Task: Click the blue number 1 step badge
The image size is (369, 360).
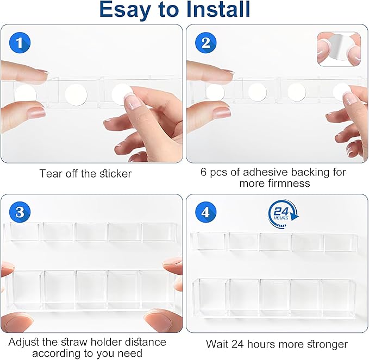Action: [x=20, y=43]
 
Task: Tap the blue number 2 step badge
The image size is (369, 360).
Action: [x=205, y=43]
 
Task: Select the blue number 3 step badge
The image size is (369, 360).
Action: [x=20, y=212]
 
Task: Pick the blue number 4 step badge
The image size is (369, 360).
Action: [x=205, y=212]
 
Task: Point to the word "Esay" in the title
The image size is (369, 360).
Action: [x=125, y=9]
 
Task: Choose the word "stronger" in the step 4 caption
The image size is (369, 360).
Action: [x=327, y=345]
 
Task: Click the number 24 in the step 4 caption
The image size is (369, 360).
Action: [x=237, y=344]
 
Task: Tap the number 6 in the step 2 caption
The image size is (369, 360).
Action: [x=203, y=172]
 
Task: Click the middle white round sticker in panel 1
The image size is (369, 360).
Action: [x=76, y=95]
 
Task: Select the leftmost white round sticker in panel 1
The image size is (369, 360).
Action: [x=25, y=96]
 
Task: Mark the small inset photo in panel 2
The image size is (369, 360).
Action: [x=339, y=49]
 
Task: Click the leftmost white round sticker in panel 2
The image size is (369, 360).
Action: [x=215, y=92]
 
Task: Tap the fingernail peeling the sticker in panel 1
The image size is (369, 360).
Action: [x=133, y=100]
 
